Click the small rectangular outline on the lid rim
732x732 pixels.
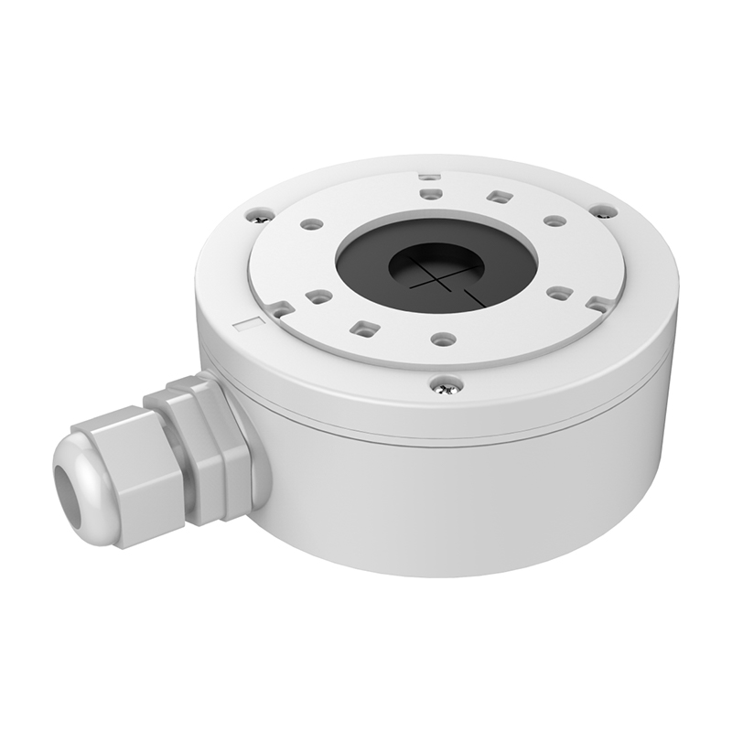click(247, 322)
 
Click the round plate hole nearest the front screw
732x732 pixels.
click(444, 339)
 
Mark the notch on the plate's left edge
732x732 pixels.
click(281, 309)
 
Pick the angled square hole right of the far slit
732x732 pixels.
click(498, 196)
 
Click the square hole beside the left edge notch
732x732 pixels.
click(318, 296)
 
